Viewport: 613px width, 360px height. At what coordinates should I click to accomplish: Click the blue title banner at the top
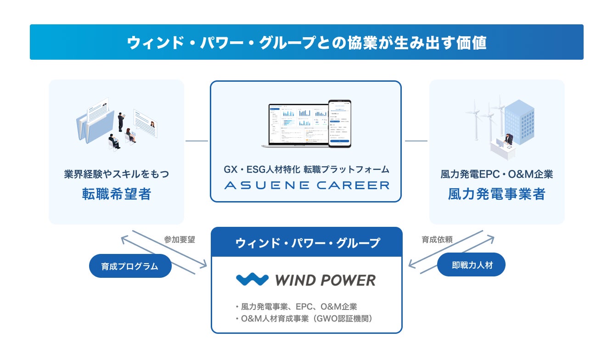pyautogui.click(x=306, y=42)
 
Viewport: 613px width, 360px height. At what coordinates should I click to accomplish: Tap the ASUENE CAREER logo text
pyautogui.click(x=306, y=186)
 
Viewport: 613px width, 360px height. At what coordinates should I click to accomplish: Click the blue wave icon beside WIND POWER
pyautogui.click(x=252, y=280)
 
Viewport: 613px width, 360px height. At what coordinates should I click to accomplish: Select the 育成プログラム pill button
pyautogui.click(x=130, y=266)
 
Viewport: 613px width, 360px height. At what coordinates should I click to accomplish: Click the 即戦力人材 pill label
pyautogui.click(x=472, y=265)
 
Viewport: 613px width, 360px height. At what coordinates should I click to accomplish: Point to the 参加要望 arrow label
pyautogui.click(x=180, y=240)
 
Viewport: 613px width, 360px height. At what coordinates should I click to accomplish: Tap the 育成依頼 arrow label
pyautogui.click(x=437, y=240)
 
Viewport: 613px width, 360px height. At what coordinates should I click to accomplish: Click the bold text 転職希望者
pyautogui.click(x=117, y=194)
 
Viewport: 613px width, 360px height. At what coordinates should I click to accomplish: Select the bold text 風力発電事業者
pyautogui.click(x=496, y=194)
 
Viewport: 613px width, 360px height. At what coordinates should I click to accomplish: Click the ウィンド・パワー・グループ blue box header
pyautogui.click(x=307, y=242)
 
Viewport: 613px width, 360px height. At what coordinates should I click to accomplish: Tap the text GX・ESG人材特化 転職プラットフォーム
pyautogui.click(x=306, y=169)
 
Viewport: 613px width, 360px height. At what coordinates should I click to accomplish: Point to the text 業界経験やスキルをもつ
pyautogui.click(x=117, y=174)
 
